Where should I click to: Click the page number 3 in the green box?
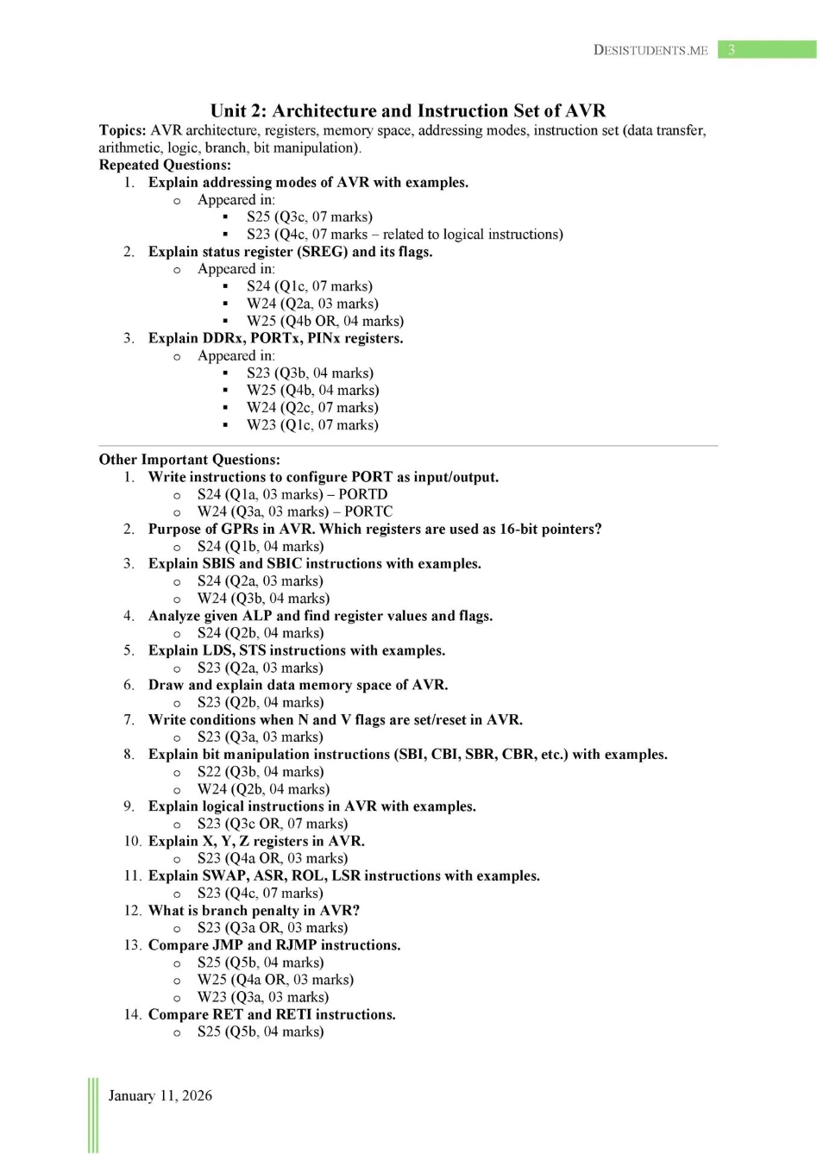[x=732, y=50]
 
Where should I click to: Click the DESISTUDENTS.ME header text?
[x=650, y=50]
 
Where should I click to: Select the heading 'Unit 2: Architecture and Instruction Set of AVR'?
[x=408, y=110]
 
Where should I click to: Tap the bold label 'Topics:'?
[x=123, y=130]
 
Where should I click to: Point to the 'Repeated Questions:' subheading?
[x=165, y=165]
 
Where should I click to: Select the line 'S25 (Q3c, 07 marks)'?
[x=310, y=216]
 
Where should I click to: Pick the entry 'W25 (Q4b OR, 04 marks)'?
[x=325, y=321]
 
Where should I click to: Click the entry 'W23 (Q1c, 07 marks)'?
[x=312, y=425]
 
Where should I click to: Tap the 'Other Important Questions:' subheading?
[x=189, y=460]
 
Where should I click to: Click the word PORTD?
[x=363, y=494]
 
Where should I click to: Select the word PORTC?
[x=368, y=511]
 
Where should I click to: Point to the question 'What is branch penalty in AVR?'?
[x=254, y=910]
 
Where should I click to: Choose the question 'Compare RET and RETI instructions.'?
[x=272, y=1014]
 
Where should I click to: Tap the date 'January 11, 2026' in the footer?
[x=160, y=1095]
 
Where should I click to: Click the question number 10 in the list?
[x=132, y=841]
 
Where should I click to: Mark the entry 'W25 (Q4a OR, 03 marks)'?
[x=275, y=980]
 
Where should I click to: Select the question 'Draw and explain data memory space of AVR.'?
[x=298, y=685]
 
